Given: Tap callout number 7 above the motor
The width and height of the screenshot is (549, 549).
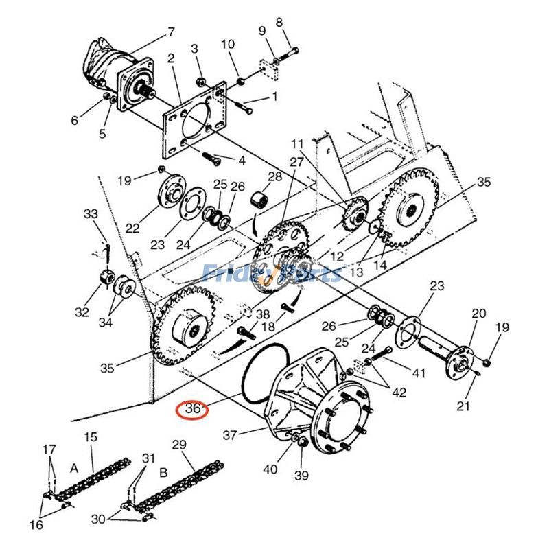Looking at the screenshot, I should click(171, 32).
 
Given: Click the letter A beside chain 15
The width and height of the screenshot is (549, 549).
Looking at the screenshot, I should click(74, 467).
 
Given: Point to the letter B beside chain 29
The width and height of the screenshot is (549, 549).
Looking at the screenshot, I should click(163, 473).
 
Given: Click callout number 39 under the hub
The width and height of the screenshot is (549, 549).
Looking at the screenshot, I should click(301, 476).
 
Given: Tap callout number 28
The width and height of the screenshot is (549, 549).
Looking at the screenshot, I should click(275, 176).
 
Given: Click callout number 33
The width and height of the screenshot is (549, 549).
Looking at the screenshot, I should click(91, 214).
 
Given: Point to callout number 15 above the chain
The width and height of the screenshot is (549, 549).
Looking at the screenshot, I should click(91, 436).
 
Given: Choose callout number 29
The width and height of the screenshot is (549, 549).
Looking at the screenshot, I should click(179, 445).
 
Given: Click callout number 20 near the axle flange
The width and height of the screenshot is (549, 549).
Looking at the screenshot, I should click(478, 314).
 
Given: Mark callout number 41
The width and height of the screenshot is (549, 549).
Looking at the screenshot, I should click(419, 373).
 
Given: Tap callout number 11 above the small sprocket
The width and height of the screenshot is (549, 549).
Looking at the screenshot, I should click(296, 143).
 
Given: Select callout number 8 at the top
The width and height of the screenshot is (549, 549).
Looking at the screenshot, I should click(279, 22).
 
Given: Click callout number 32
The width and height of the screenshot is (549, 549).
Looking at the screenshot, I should click(82, 312).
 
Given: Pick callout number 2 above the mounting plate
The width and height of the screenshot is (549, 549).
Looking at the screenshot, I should click(171, 58).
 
